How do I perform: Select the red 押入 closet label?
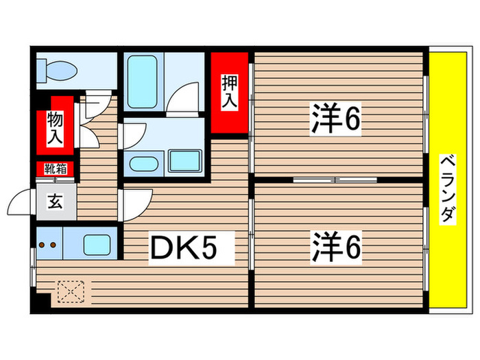click(x=228, y=92)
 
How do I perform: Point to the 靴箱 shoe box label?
click(x=55, y=167)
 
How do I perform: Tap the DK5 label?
click(x=192, y=248)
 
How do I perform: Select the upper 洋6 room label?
click(x=335, y=119)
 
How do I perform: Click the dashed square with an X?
click(x=70, y=291)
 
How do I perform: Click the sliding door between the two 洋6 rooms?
click(x=335, y=180)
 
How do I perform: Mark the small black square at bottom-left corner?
click(x=43, y=300)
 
